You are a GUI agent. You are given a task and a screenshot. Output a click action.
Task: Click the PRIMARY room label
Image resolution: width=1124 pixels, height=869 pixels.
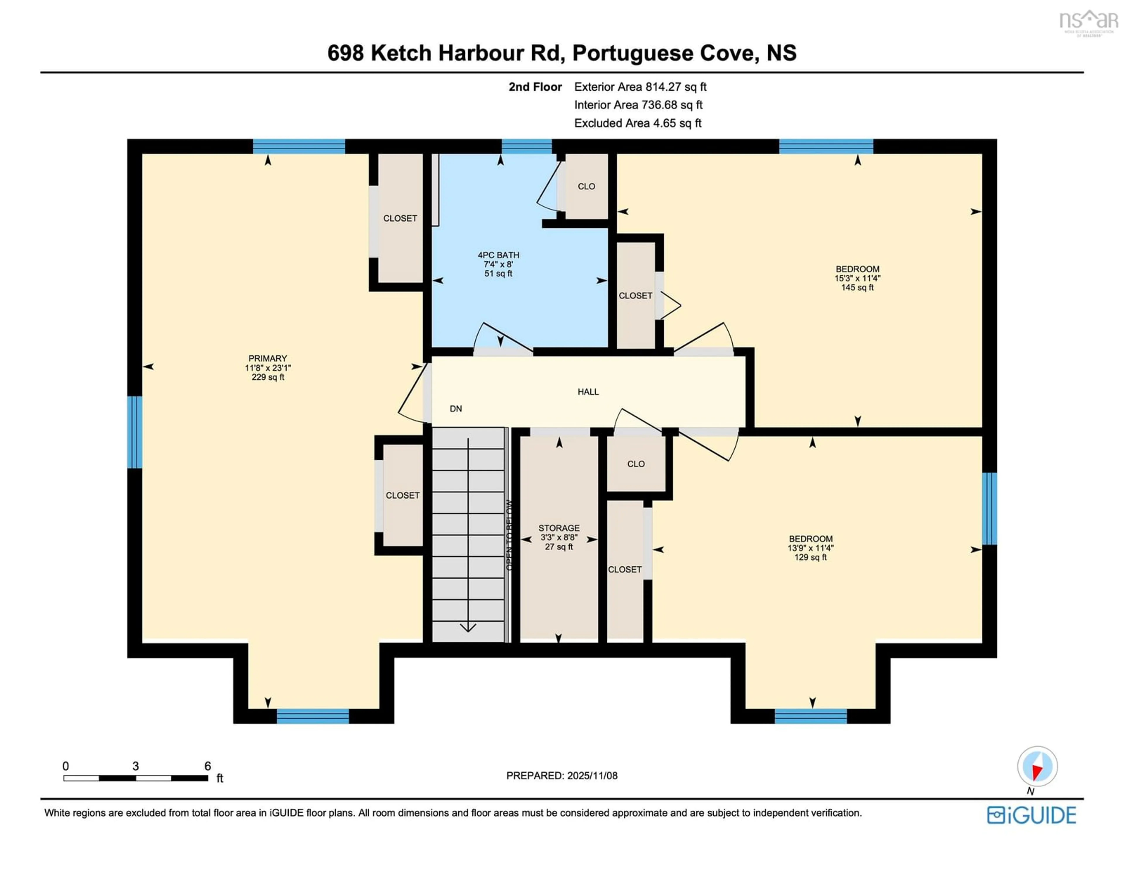click(267, 358)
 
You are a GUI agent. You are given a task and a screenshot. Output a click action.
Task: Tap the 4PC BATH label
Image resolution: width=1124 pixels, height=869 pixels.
click(498, 255)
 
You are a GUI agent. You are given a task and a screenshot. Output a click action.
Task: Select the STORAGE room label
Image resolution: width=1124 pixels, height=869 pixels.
click(559, 528)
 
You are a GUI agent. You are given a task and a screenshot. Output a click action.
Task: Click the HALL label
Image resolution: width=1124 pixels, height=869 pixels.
click(588, 391)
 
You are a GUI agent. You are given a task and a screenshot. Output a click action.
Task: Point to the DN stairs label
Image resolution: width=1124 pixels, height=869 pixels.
click(455, 408)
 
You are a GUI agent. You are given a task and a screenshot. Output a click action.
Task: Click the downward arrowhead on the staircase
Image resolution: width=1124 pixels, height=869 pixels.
click(468, 627)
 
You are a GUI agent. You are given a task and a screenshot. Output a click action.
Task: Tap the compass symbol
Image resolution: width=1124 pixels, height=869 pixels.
click(1037, 766)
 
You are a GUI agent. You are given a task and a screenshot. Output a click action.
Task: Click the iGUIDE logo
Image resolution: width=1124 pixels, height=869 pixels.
click(1032, 815)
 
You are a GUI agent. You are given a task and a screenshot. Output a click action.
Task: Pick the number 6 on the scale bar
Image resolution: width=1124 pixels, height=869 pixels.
click(208, 766)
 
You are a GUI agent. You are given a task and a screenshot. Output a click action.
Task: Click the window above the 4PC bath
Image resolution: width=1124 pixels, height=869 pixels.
click(527, 146)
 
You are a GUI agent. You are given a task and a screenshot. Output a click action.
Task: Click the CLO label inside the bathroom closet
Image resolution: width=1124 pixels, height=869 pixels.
click(586, 186)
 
